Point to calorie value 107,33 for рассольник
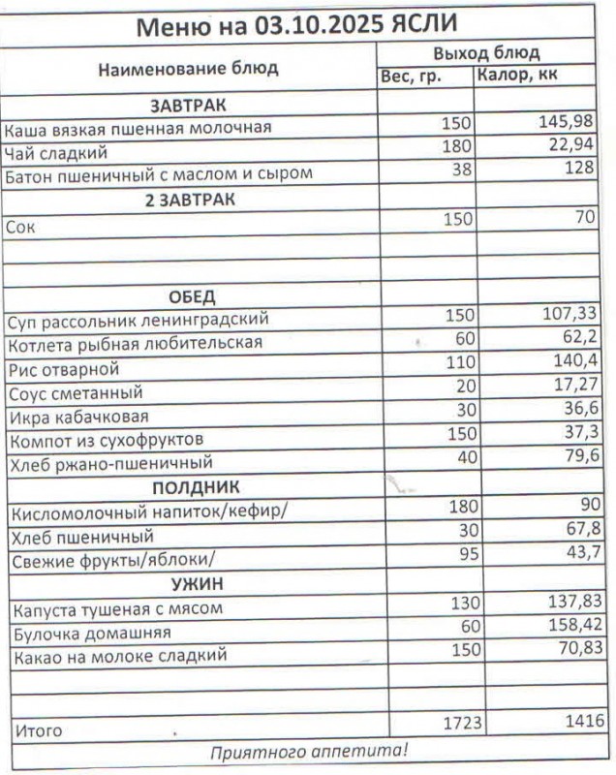coord(567,314)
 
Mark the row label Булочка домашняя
coord(92,634)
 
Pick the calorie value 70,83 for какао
coord(572,649)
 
